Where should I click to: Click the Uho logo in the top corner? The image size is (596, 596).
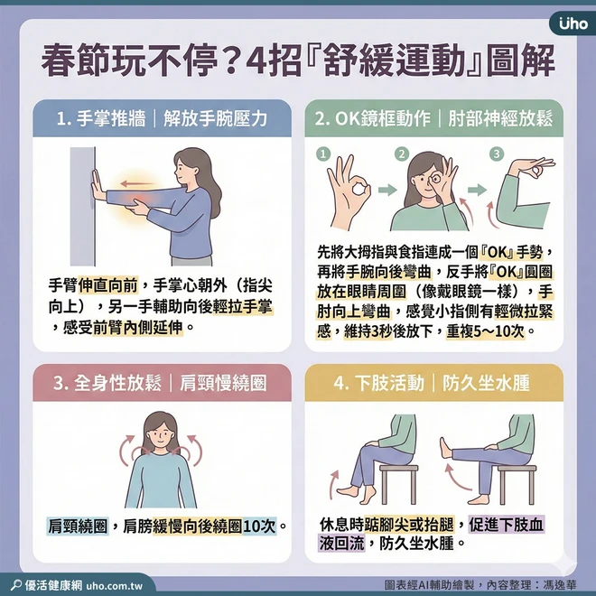click(x=573, y=24)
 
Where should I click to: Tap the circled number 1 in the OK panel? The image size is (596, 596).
click(x=323, y=154)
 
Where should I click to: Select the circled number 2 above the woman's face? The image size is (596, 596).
click(x=401, y=154)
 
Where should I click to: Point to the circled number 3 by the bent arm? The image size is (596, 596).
click(x=496, y=154)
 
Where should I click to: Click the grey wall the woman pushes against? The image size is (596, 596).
click(x=82, y=207)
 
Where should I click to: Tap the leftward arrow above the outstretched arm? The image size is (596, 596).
click(x=137, y=184)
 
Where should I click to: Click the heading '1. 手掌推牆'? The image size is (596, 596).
click(x=101, y=119)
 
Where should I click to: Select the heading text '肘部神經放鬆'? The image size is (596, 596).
click(x=500, y=119)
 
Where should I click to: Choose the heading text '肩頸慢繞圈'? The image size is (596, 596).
click(x=223, y=383)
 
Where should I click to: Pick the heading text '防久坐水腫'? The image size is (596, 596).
click(x=486, y=383)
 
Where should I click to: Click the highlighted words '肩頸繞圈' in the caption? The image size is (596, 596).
click(x=78, y=526)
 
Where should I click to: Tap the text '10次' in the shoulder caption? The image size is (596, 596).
click(x=259, y=526)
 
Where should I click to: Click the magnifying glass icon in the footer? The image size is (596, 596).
click(x=16, y=584)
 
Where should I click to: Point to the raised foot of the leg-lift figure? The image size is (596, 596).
click(x=445, y=449)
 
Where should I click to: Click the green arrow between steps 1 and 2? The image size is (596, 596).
click(x=387, y=190)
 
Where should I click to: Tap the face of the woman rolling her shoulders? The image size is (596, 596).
click(x=161, y=433)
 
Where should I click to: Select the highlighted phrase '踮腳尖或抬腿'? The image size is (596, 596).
click(x=409, y=525)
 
